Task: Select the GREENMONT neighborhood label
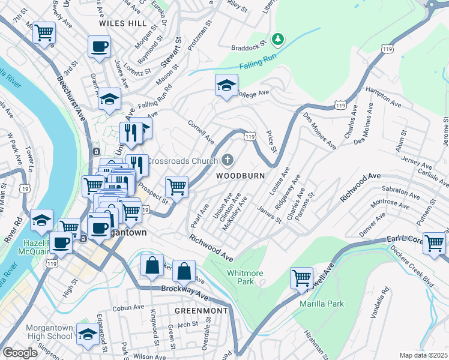(x=201, y=311)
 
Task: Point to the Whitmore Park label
(x=244, y=277)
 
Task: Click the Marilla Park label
(x=322, y=304)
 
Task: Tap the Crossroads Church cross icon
(x=227, y=160)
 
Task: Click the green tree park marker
(x=277, y=40)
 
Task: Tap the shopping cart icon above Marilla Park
(x=301, y=278)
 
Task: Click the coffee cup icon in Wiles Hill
(x=100, y=46)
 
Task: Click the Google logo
(x=20, y=353)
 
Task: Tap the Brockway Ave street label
(x=184, y=292)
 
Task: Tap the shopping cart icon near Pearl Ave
(x=176, y=187)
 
